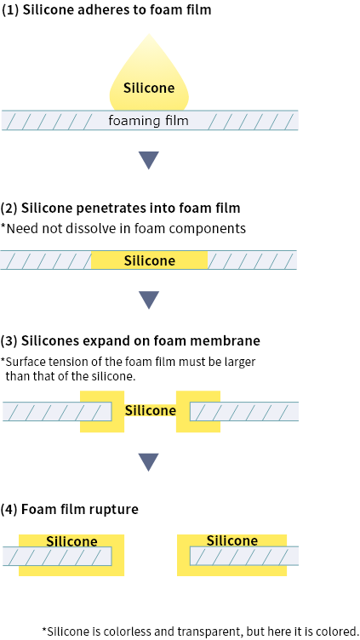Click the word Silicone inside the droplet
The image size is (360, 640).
pyautogui.click(x=149, y=88)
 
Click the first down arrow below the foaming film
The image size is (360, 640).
pyautogui.click(x=149, y=160)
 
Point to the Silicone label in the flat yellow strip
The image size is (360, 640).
pyautogui.click(x=149, y=260)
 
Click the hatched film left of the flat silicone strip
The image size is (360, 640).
pyautogui.click(x=46, y=260)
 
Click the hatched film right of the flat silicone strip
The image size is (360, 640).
pyautogui.click(x=252, y=260)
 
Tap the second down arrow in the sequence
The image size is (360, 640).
pyautogui.click(x=149, y=300)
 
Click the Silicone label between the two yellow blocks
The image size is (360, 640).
pyautogui.click(x=150, y=411)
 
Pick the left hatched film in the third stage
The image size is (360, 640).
pyautogui.click(x=51, y=412)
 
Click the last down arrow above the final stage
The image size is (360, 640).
pyautogui.click(x=149, y=461)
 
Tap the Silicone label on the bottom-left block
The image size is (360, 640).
pyautogui.click(x=71, y=541)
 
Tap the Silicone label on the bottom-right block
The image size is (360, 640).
pyautogui.click(x=231, y=540)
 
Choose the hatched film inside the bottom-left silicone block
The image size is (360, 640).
pyautogui.click(x=60, y=557)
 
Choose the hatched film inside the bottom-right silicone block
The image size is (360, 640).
pyautogui.click(x=243, y=557)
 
